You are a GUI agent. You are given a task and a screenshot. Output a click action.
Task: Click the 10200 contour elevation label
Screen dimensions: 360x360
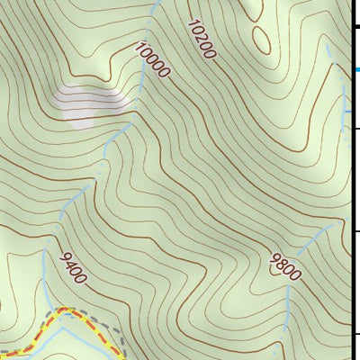202,40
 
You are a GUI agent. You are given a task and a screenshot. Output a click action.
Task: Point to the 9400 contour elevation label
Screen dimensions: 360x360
73,267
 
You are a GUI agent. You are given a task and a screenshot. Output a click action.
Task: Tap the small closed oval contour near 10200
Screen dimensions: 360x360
262,38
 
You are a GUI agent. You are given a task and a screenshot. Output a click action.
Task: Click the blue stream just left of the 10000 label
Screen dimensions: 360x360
135,72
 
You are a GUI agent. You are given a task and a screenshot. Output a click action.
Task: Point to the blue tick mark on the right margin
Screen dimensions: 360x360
358,69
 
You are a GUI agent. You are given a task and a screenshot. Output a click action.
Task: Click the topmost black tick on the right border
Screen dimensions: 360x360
355,27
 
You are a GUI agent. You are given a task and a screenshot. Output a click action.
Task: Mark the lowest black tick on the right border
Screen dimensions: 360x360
355,335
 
